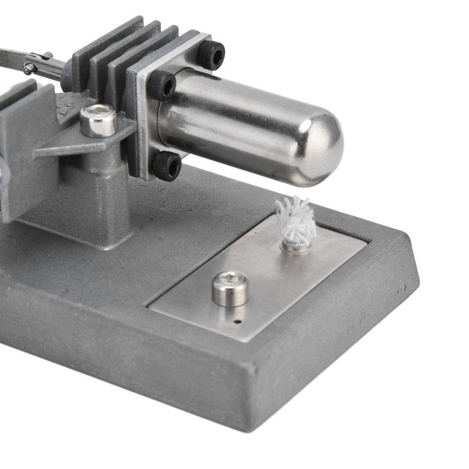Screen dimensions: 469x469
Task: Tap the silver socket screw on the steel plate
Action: tap(229, 288)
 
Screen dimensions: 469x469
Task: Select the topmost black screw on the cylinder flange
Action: tap(211, 55)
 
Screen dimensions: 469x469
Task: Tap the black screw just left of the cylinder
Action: tap(161, 86)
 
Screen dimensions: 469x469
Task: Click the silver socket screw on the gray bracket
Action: tap(98, 120)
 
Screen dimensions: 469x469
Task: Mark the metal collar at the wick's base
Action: tap(294, 245)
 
